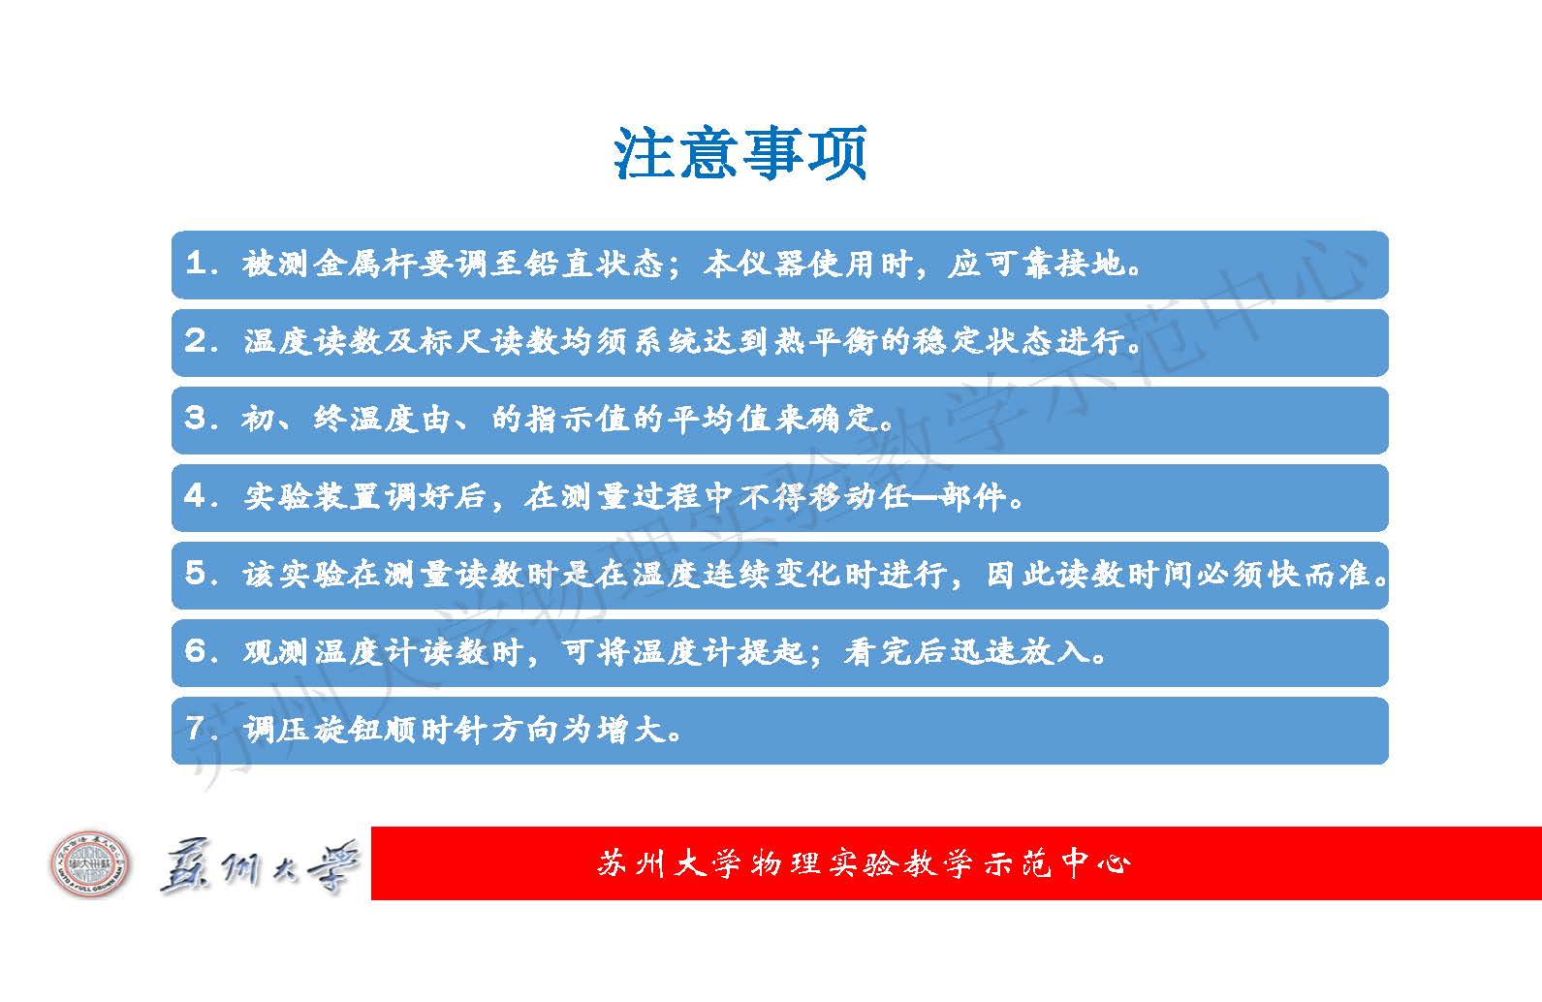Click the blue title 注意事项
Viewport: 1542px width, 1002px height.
[x=740, y=153]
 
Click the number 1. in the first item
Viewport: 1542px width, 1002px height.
[x=202, y=264]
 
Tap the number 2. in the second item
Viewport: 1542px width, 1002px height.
[x=202, y=341]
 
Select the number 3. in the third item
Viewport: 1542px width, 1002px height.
[x=202, y=419]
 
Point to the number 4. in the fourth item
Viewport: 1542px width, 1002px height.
[x=202, y=496]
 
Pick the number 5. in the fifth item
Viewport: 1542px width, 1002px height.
[x=202, y=574]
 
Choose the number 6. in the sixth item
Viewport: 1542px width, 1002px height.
[x=202, y=651]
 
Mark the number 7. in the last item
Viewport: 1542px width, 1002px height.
[x=202, y=728]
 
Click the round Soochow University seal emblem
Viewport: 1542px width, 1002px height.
[x=90, y=863]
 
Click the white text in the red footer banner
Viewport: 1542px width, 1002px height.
[x=864, y=863]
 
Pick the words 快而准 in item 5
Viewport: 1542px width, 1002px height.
[x=1318, y=574]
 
